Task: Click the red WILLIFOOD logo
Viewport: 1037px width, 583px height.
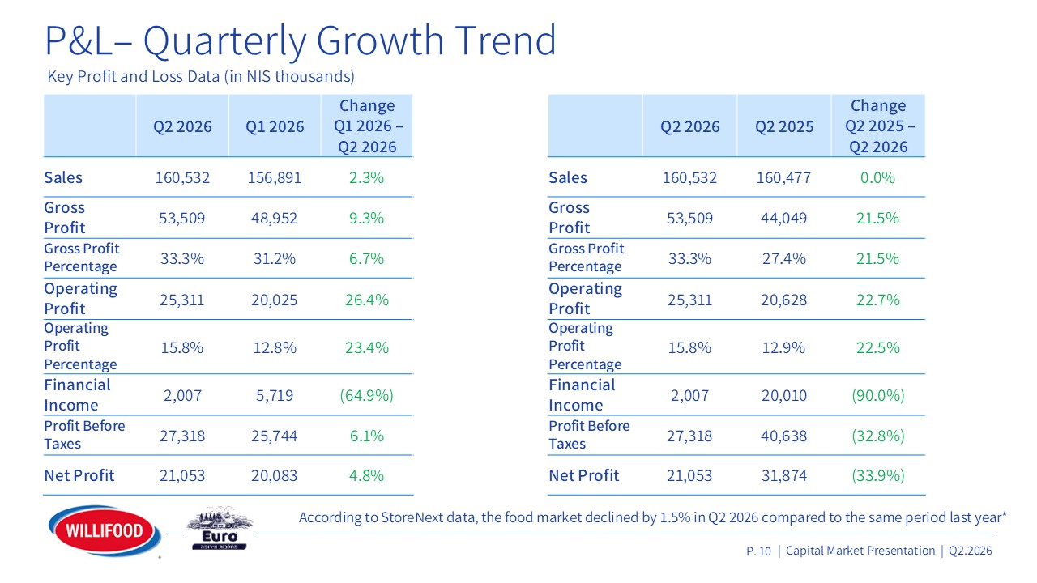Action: [x=105, y=530]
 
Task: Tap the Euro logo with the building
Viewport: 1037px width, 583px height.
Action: [x=220, y=529]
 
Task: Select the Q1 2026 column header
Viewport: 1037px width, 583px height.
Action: [x=275, y=126]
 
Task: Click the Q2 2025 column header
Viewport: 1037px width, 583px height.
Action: [x=784, y=126]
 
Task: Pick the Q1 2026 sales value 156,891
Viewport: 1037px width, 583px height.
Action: [x=275, y=177]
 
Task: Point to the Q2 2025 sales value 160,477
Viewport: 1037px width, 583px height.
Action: [x=783, y=177]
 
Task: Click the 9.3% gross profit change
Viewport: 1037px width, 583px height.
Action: [x=366, y=218]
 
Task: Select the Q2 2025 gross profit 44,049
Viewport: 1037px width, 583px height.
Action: [x=783, y=218]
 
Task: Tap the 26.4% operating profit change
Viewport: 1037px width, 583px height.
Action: [x=367, y=300]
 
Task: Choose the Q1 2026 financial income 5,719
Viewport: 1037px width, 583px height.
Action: [x=275, y=396]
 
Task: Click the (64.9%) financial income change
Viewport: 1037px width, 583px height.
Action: [x=367, y=396]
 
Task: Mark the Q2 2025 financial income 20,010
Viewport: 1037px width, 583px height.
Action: [x=783, y=396]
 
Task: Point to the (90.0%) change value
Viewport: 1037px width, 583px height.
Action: [x=877, y=396]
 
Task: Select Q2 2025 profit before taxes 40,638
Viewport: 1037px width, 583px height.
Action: [x=783, y=436]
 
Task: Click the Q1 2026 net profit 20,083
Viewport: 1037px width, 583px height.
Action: [x=274, y=475]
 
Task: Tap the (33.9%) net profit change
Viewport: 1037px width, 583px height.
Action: [x=877, y=475]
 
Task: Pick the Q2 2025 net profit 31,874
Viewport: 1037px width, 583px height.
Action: [x=783, y=475]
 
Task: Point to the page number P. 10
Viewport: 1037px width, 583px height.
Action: [x=758, y=551]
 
